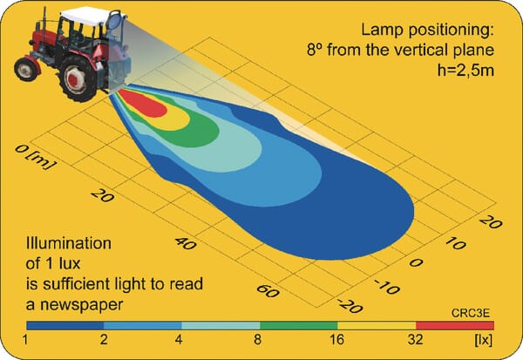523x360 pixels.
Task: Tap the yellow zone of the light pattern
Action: click(x=176, y=121)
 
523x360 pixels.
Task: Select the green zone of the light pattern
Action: click(x=200, y=133)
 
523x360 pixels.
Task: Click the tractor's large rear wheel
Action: click(x=78, y=78)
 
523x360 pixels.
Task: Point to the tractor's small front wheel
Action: click(x=26, y=69)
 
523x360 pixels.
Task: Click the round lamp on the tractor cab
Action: click(x=114, y=20)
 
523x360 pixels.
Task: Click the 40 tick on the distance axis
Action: click(x=186, y=243)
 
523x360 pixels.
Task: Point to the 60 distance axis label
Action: click(x=268, y=290)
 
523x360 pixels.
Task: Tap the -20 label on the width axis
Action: click(x=350, y=306)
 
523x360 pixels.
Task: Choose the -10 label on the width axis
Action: click(x=387, y=287)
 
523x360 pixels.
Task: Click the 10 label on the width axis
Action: click(x=455, y=243)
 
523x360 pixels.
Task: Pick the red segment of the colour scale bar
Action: click(x=455, y=325)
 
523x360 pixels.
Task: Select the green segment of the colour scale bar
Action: click(x=299, y=325)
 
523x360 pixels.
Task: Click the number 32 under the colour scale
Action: click(x=415, y=340)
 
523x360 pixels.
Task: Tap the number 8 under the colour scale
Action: click(x=257, y=340)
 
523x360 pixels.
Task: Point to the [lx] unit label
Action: click(x=483, y=340)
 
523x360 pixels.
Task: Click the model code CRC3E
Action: click(x=471, y=313)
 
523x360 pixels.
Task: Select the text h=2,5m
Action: click(x=465, y=71)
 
